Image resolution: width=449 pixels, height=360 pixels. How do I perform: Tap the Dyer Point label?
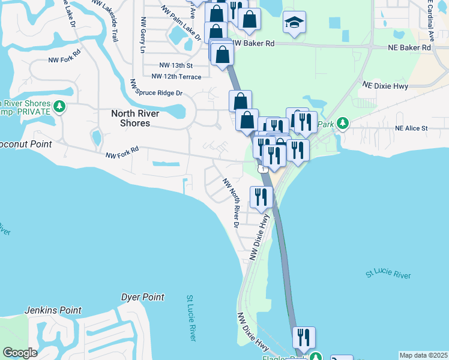click(142, 297)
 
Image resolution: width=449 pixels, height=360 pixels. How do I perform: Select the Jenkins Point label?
click(53, 310)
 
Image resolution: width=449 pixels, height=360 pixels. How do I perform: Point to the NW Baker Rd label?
click(254, 44)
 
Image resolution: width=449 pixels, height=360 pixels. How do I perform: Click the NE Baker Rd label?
click(410, 47)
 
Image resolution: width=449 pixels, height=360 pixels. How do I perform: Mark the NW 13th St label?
click(175, 65)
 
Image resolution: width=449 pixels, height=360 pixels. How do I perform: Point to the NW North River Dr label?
click(231, 202)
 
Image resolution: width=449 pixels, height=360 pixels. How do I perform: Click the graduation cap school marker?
click(294, 22)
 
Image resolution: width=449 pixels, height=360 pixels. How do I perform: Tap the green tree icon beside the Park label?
click(342, 124)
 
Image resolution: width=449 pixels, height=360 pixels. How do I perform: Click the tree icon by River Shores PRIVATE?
click(59, 107)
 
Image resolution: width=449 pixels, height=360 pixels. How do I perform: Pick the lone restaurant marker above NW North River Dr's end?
click(261, 196)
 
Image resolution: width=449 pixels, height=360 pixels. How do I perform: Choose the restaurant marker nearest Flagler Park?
click(304, 338)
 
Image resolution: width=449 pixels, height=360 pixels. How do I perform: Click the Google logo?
click(20, 353)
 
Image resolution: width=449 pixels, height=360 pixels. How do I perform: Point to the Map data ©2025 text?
click(423, 355)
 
